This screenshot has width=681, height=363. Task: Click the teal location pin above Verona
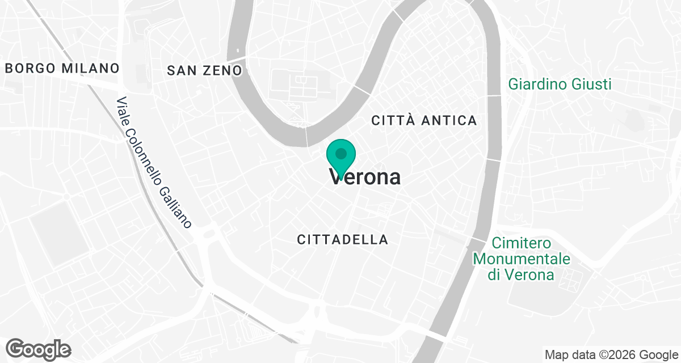click(341, 155)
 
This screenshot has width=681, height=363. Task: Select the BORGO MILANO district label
click(62, 69)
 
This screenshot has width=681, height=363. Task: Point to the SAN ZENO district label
click(204, 70)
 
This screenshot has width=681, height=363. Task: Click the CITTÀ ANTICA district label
click(424, 120)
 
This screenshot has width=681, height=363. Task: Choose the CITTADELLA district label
click(343, 240)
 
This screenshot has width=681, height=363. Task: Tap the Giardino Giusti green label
click(560, 85)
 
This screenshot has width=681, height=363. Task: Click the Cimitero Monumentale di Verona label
click(522, 259)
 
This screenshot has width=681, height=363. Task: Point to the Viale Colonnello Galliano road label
click(154, 163)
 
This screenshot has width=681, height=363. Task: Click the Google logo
click(38, 348)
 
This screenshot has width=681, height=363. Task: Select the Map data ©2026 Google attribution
click(611, 355)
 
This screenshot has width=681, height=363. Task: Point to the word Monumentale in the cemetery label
click(522, 259)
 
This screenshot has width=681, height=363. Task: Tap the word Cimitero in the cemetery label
click(522, 243)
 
